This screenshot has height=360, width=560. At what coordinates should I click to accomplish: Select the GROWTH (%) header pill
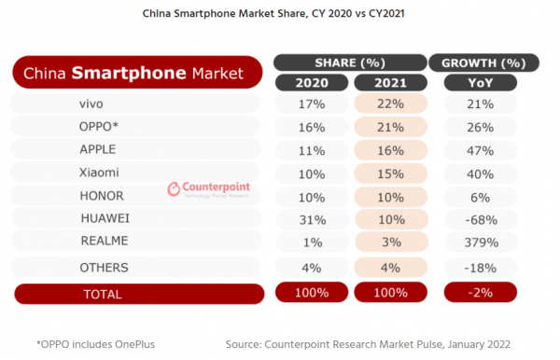(483, 62)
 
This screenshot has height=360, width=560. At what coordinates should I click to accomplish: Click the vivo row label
(98, 103)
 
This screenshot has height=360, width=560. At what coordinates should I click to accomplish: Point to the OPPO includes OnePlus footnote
(95, 342)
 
